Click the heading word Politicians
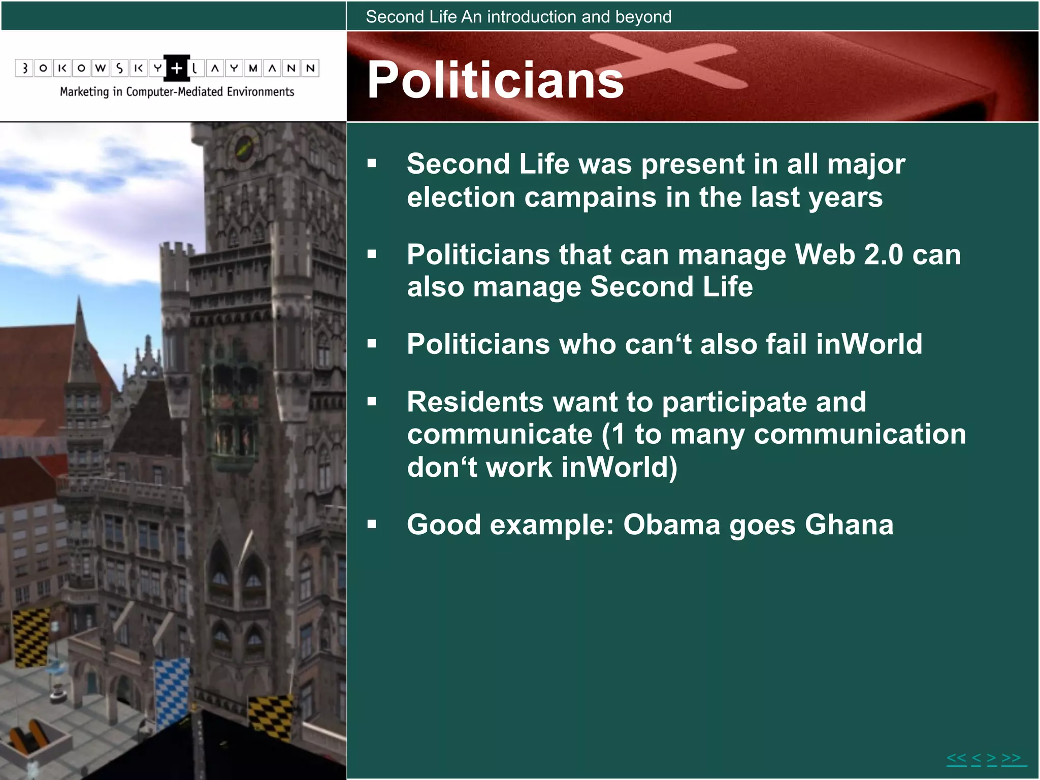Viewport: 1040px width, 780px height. (x=495, y=80)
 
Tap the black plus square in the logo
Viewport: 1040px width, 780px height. (x=176, y=68)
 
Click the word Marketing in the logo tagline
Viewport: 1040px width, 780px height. (x=84, y=92)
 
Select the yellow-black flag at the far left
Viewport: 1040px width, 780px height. (x=30, y=637)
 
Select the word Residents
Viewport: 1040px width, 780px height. (x=475, y=402)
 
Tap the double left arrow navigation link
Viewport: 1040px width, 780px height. (x=956, y=759)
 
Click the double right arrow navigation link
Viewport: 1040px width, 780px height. (x=1011, y=759)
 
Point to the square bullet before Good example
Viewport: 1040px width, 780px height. (x=372, y=524)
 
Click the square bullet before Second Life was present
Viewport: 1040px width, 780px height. (x=372, y=164)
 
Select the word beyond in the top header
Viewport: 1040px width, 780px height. (x=643, y=17)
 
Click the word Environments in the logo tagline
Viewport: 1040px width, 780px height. (x=261, y=92)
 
